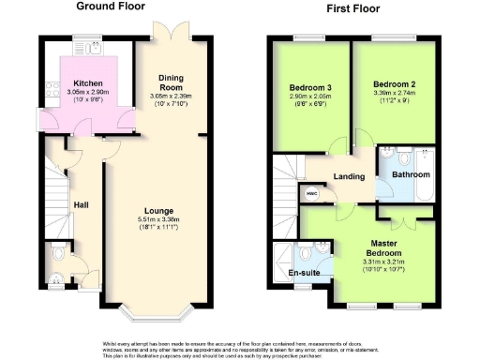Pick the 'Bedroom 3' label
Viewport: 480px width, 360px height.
click(307, 91)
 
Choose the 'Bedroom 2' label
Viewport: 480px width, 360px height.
click(392, 82)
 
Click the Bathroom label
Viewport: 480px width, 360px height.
click(411, 174)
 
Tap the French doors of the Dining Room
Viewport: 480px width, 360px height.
click(169, 33)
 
